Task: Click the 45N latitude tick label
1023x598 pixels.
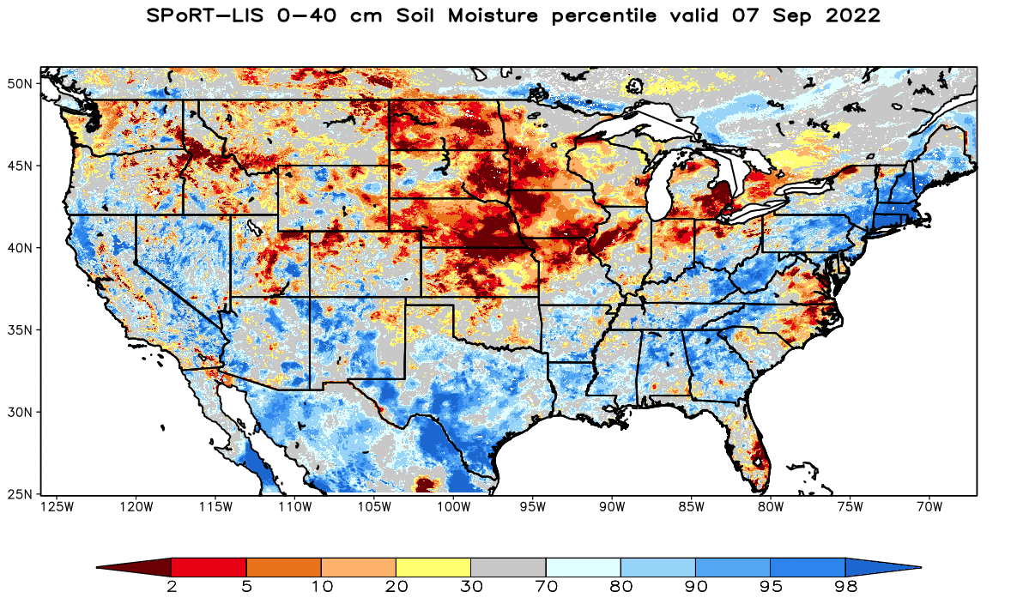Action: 20,166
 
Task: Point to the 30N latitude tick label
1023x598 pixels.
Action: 20,412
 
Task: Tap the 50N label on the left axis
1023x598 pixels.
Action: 20,83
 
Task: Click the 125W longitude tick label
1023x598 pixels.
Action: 57,507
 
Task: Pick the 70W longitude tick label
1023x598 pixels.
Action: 929,507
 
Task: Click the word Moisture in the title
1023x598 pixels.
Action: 493,15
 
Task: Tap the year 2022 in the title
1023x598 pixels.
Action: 853,15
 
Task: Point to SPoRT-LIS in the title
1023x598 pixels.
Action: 205,15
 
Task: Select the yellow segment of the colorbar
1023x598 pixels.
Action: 433,567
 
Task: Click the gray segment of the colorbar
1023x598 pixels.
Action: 508,567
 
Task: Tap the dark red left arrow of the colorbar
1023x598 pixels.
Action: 134,567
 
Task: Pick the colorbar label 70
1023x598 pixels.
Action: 546,587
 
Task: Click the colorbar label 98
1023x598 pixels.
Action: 845,587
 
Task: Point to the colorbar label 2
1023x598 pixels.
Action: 172,587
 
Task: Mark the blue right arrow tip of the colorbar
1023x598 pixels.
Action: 921,567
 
